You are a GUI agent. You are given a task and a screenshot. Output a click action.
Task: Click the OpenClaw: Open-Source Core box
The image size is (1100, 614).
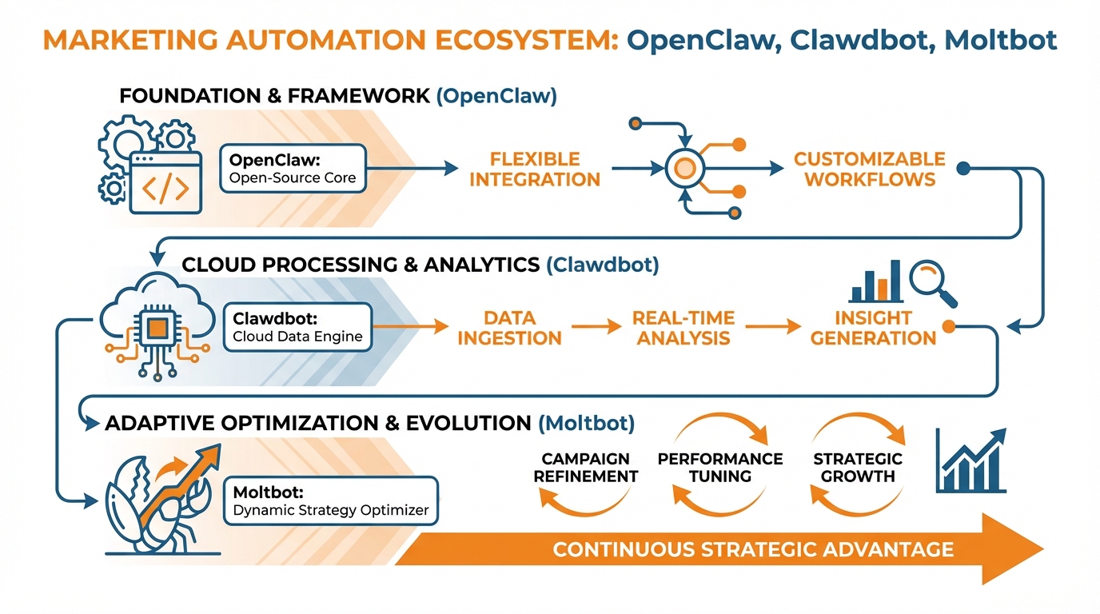point(293,168)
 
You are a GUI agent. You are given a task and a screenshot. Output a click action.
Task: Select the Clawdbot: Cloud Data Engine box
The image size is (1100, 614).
point(297,327)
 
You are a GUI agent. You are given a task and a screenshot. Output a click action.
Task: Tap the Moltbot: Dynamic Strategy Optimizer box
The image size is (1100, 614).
point(331,500)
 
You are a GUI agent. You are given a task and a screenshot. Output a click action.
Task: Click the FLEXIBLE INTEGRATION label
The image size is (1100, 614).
point(534,169)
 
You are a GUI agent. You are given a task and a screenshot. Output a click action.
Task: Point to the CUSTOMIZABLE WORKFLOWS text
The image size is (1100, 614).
point(869,169)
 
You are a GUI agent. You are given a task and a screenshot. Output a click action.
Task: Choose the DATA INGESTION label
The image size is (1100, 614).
point(509,327)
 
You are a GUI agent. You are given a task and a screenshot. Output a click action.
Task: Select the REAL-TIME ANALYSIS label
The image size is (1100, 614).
point(683,327)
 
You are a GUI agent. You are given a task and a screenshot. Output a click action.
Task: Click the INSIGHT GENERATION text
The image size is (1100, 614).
point(873,327)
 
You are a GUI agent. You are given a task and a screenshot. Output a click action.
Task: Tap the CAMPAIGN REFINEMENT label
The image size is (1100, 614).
point(586,468)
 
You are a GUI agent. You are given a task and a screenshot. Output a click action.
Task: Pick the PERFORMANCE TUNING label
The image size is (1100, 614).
point(720,468)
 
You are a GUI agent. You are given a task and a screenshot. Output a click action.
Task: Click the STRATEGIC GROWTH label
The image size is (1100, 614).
point(858,468)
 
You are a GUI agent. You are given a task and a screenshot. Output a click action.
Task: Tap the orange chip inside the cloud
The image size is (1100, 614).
point(157,327)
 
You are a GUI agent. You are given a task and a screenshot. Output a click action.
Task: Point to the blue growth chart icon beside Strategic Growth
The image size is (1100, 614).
point(970,461)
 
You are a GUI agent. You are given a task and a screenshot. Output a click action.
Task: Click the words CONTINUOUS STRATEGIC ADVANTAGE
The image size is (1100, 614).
point(752,549)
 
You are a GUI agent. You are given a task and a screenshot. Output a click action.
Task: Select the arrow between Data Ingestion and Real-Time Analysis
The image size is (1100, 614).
point(595,326)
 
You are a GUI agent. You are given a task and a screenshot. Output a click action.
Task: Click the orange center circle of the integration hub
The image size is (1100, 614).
point(684,168)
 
